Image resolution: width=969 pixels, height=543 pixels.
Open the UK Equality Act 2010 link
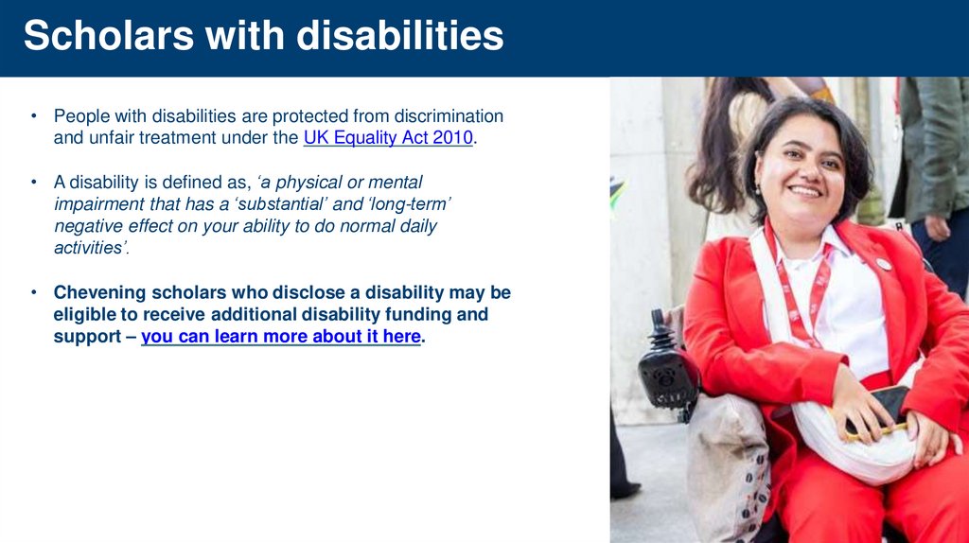click(x=388, y=138)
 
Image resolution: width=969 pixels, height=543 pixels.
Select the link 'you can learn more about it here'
click(x=281, y=337)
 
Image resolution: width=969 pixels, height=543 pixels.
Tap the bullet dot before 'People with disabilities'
click(x=32, y=116)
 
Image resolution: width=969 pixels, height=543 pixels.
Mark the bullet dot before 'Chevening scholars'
click(x=32, y=292)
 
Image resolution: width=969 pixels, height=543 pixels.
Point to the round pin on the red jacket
click(x=882, y=263)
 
